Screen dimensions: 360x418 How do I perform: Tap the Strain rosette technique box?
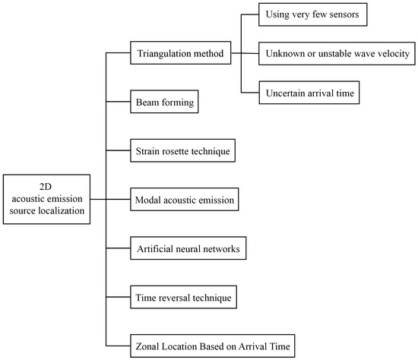click(182, 151)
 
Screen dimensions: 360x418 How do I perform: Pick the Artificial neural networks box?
click(188, 248)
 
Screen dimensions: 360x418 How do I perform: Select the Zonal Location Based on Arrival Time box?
click(209, 345)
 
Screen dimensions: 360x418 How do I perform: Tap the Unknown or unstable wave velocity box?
click(337, 54)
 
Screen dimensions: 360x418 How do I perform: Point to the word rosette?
click(177, 151)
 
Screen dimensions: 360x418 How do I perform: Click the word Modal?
click(148, 200)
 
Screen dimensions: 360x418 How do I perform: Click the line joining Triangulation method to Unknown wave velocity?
click(247, 54)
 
